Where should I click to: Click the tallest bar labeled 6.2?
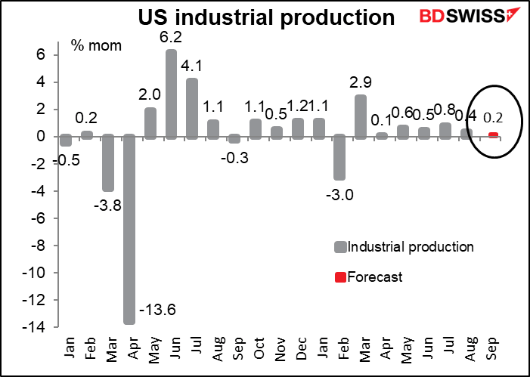(x=171, y=94)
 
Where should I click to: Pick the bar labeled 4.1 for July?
(x=192, y=108)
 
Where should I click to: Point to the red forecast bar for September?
(x=493, y=135)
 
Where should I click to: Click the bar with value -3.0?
(x=340, y=157)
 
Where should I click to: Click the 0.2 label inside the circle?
(x=492, y=118)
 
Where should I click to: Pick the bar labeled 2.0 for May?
(x=150, y=122)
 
